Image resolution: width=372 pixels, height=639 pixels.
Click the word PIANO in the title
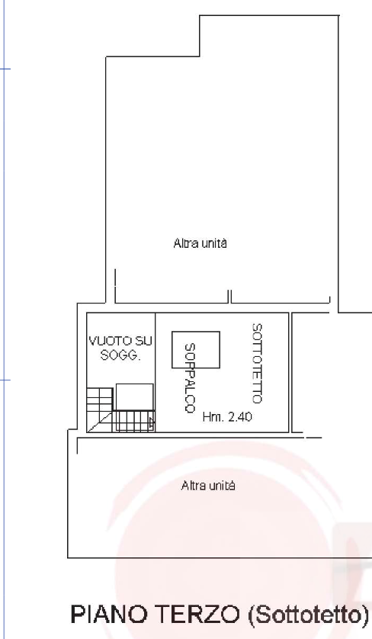[x=108, y=614]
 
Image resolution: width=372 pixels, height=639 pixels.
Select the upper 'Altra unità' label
[x=200, y=243]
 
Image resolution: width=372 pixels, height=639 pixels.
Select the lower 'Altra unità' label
[x=208, y=486]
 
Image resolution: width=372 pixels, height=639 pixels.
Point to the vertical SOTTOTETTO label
[x=257, y=364]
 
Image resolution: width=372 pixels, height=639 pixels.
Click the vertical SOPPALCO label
[x=190, y=378]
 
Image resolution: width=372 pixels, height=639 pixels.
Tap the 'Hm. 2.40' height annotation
[x=227, y=417]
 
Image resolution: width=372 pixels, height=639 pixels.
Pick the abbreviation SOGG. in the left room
[x=120, y=355]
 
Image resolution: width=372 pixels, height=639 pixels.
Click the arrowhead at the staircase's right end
[x=152, y=422]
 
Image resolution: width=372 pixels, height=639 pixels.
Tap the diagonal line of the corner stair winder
[x=99, y=422]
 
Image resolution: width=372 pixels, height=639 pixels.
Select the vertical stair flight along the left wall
[x=99, y=400]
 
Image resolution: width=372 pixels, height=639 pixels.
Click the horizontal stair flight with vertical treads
[x=133, y=421]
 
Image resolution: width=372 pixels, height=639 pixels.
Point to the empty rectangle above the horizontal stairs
[x=134, y=397]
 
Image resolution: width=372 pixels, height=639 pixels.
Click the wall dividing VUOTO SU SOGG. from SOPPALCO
[x=156, y=372]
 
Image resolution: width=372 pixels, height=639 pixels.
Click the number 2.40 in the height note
[x=239, y=417]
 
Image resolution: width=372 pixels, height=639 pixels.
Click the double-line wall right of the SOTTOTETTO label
[x=290, y=372]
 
